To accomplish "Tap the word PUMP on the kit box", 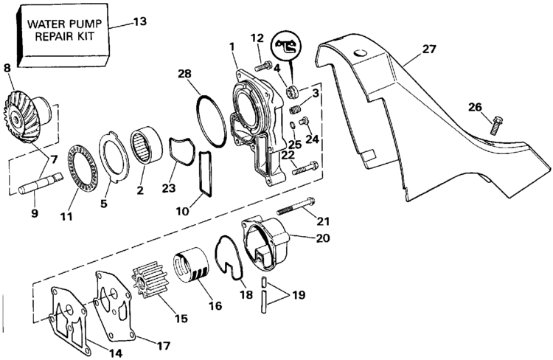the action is point(86,24).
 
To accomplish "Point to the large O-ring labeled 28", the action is point(211,121).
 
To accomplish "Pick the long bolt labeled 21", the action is point(296,206).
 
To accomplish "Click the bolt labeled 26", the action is point(496,125).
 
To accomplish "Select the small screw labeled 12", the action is point(262,66).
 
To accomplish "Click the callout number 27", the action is point(429,49).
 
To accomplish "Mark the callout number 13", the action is point(139,21).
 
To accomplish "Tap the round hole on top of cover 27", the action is point(361,53).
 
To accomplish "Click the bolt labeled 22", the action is point(305,168).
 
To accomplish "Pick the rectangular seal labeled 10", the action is point(206,173).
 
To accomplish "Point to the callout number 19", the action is point(299,294).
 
